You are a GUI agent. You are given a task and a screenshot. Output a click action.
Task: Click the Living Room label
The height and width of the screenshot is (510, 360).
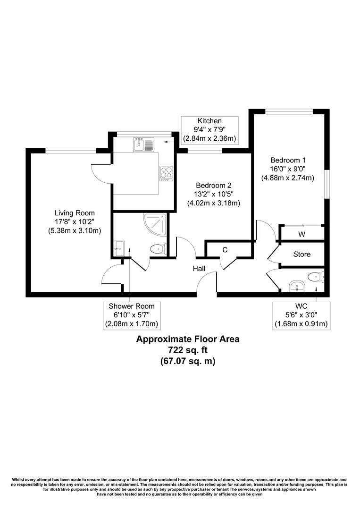[74, 213]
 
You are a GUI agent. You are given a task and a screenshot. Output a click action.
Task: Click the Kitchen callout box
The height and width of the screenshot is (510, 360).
[209, 130]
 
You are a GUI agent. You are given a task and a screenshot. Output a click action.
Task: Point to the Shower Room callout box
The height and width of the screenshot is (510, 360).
[131, 315]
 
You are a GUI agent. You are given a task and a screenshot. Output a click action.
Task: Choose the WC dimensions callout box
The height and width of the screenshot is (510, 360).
[301, 315]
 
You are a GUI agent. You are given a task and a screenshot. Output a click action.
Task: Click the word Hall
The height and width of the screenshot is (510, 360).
[199, 268]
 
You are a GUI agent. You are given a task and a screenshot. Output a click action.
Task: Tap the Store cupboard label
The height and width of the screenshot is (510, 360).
[301, 254]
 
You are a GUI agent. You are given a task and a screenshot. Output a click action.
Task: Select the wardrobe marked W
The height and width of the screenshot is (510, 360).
[301, 233]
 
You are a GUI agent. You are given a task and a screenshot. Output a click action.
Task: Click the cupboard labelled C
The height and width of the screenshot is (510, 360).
[225, 249]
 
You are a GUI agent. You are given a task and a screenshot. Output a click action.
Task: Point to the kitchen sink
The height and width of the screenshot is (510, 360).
[144, 144]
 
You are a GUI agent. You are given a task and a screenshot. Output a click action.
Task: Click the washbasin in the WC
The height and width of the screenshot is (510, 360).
[296, 285]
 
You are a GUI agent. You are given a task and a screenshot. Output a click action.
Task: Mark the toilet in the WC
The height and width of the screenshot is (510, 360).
[315, 277]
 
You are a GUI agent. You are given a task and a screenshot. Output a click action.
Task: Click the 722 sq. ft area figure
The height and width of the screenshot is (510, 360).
[188, 350]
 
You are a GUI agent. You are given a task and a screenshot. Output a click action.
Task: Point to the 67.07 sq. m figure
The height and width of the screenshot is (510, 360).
[188, 361]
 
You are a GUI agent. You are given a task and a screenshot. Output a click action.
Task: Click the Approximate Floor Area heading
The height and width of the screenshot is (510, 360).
[188, 339]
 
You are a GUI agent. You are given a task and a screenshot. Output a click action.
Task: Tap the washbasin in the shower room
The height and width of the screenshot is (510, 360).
[118, 246]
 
